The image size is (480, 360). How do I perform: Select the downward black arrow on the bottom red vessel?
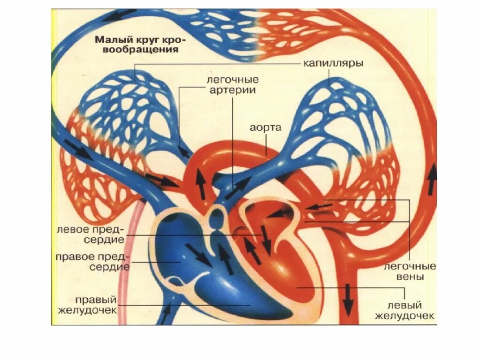tap(348, 300)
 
